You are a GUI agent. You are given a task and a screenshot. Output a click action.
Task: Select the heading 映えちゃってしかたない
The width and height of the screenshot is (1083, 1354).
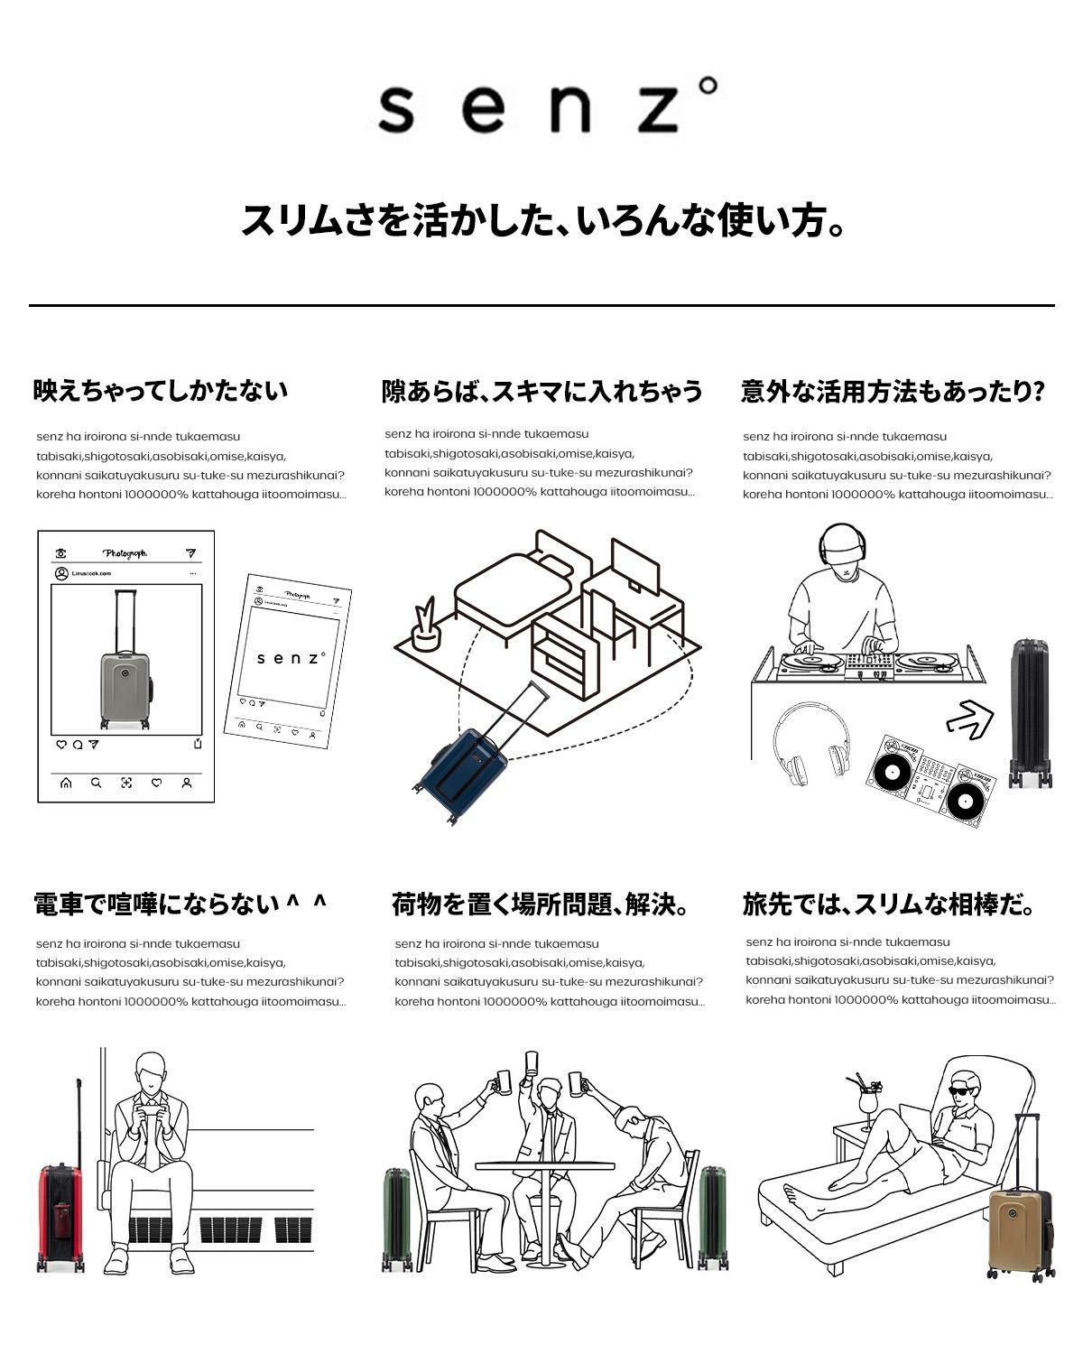(x=161, y=391)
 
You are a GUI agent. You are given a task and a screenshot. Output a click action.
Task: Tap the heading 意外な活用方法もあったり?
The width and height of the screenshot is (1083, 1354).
(x=893, y=392)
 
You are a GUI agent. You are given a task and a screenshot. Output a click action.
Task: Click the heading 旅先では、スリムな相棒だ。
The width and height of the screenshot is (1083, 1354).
(x=889, y=904)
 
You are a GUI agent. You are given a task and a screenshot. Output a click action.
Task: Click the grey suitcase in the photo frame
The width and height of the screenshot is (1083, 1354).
(x=125, y=686)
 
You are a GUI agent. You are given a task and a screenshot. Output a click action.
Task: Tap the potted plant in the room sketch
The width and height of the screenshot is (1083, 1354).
(x=425, y=628)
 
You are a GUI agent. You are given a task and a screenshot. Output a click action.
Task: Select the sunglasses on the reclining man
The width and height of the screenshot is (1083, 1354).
(x=964, y=1090)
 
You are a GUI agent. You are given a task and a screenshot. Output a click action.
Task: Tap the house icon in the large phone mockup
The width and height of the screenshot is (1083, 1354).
(x=66, y=783)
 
